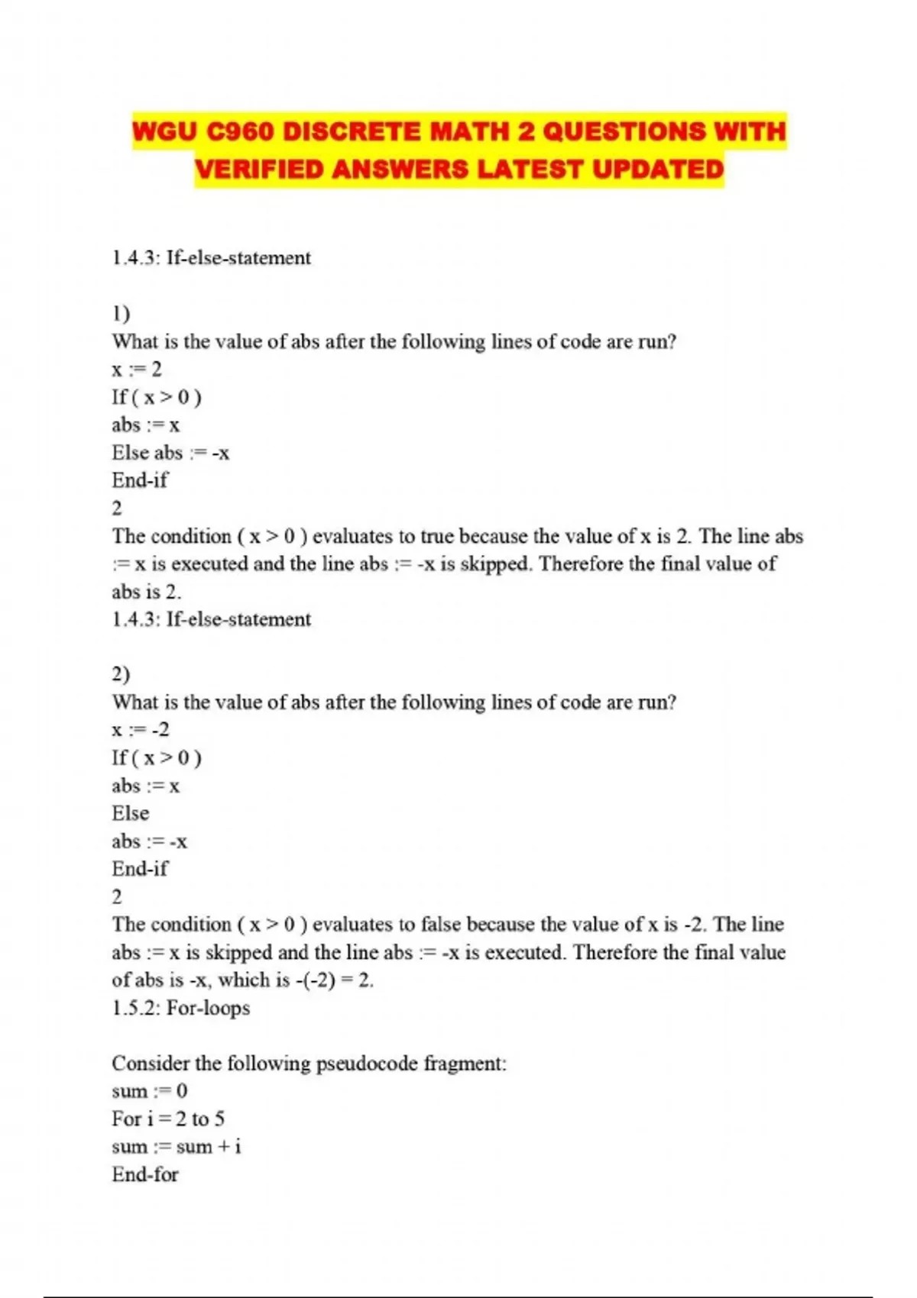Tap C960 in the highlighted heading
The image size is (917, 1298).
click(x=239, y=131)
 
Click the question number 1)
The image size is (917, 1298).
click(x=121, y=313)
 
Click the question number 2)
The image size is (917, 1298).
click(x=121, y=674)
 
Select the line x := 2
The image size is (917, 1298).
click(x=137, y=370)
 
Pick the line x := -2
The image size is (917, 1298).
click(x=141, y=730)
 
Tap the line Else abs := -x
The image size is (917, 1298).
click(x=170, y=453)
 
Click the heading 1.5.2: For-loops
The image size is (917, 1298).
click(x=181, y=1008)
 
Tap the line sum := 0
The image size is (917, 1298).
click(x=149, y=1091)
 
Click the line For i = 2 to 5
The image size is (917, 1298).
click(x=168, y=1119)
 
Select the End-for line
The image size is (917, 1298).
click(x=145, y=1174)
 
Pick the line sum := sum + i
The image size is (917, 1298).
click(x=177, y=1147)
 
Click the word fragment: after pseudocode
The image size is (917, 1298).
click(x=465, y=1064)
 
